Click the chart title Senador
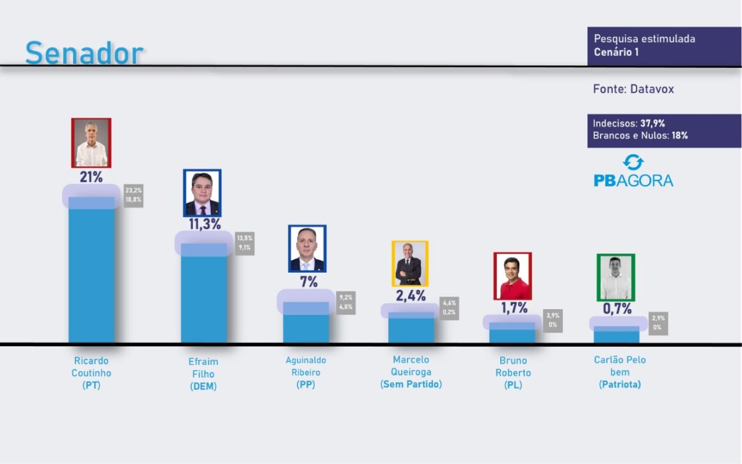(84, 53)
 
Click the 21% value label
(91, 177)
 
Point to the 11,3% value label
(205, 224)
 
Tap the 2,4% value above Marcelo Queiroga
(409, 295)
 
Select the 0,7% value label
(617, 308)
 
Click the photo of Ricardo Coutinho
(91, 143)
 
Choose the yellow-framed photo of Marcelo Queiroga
(410, 263)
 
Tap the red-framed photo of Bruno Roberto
(512, 276)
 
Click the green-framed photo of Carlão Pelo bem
(615, 277)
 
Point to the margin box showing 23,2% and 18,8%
(134, 195)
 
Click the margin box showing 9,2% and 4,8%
(346, 302)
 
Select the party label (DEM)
(203, 387)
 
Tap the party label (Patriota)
(620, 385)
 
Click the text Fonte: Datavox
(633, 89)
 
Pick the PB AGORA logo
(633, 172)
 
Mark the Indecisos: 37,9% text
(629, 124)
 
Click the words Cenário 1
(616, 52)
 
